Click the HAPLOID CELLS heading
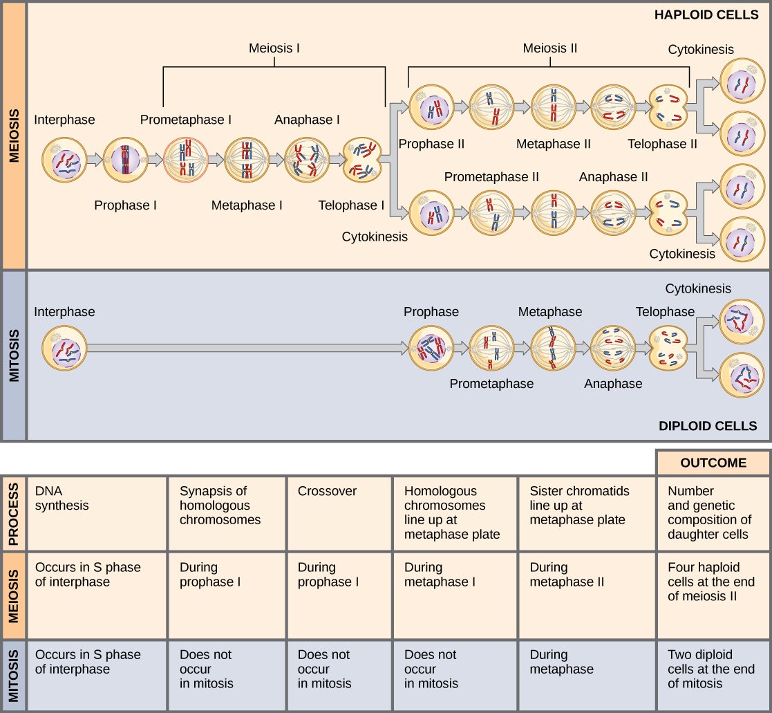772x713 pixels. click(706, 15)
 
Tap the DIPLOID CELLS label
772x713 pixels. click(708, 425)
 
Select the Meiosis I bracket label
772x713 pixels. click(274, 48)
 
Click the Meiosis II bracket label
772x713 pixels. click(549, 48)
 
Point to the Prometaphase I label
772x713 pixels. click(186, 120)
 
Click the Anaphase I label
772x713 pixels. click(307, 120)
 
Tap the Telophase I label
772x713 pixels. click(351, 205)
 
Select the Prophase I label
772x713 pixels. click(125, 205)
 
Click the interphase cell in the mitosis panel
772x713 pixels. click(64, 349)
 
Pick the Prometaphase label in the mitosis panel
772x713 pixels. click(491, 383)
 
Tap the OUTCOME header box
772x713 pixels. click(713, 463)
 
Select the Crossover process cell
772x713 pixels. click(339, 512)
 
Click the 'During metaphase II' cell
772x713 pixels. click(586, 595)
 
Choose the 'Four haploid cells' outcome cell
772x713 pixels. click(713, 595)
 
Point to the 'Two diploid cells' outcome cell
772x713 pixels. click(713, 676)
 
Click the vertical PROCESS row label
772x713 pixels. click(13, 512)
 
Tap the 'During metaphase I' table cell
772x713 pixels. click(455, 595)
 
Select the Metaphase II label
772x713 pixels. click(553, 144)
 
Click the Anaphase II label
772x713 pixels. click(613, 177)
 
